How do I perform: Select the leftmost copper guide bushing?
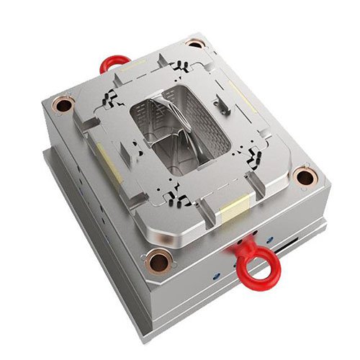pos(62,107)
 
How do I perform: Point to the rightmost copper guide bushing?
pos(305,175)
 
